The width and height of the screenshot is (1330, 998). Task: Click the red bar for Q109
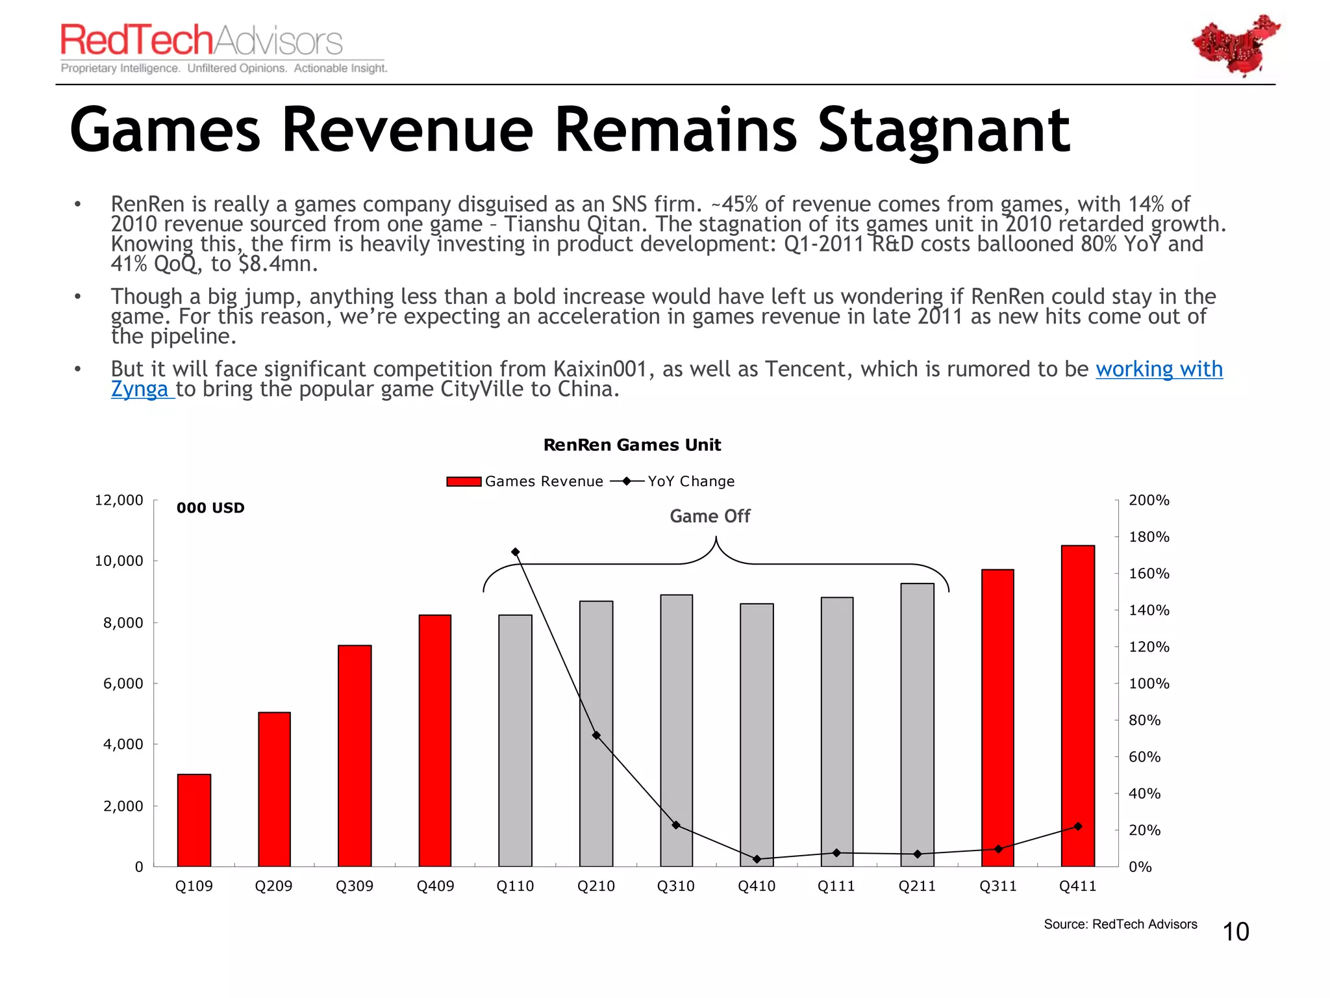click(x=194, y=820)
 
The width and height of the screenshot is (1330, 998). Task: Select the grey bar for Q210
click(x=596, y=734)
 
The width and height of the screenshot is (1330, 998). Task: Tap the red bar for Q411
click(x=1077, y=706)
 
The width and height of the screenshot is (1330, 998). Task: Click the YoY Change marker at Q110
click(x=516, y=552)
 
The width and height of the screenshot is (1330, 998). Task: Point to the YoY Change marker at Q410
click(x=757, y=859)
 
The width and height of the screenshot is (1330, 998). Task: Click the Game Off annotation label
click(x=710, y=516)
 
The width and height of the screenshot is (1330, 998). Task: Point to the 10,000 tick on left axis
click(x=119, y=561)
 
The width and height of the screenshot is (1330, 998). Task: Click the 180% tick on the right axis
click(x=1148, y=537)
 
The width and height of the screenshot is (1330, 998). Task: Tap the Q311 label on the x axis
click(x=997, y=886)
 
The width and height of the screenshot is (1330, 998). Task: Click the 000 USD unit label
click(x=210, y=508)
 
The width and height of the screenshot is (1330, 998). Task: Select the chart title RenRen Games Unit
click(x=632, y=445)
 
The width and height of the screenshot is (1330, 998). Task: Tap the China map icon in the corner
click(x=1235, y=45)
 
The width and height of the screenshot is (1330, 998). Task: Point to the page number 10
click(x=1235, y=932)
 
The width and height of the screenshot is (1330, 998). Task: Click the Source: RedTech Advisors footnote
click(x=1120, y=924)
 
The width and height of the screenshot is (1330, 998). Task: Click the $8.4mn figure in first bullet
click(x=278, y=264)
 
